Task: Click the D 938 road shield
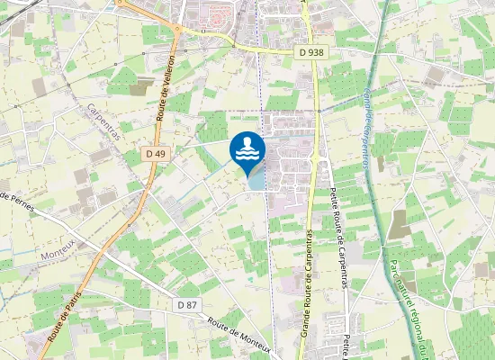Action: pyautogui.click(x=310, y=52)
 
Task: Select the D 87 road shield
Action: pyautogui.click(x=186, y=304)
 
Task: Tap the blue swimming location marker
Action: pyautogui.click(x=247, y=150)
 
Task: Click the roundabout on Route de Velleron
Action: pyautogui.click(x=177, y=30)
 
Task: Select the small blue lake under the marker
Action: pyautogui.click(x=256, y=180)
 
